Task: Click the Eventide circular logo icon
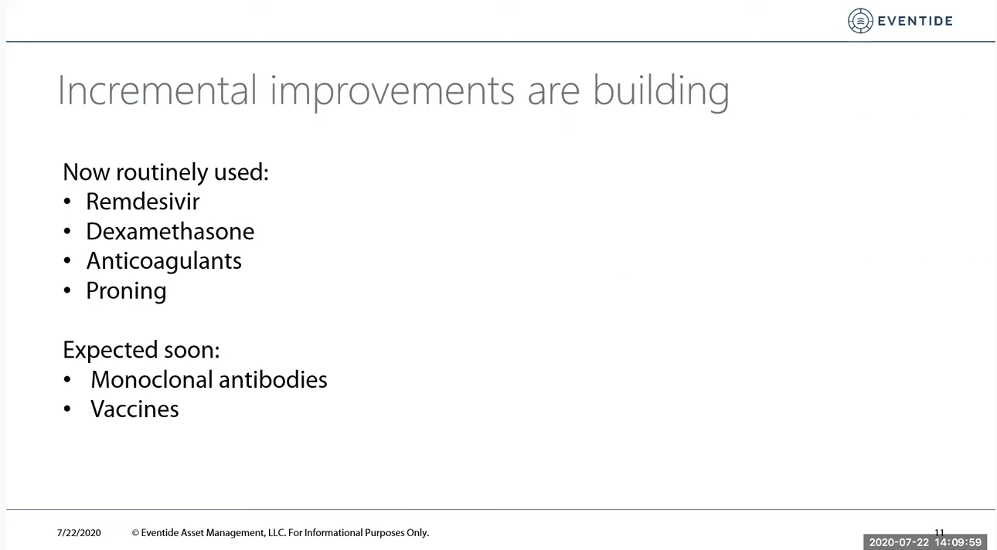860,21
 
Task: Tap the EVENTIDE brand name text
915,21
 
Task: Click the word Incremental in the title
158,90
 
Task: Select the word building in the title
661,91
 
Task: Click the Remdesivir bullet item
142,202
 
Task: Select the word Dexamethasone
170,232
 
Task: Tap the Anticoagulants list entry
164,261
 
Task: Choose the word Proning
126,291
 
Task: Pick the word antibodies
273,379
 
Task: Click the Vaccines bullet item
134,409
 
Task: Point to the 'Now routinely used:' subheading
165,172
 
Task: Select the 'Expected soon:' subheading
141,350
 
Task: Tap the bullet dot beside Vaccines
67,409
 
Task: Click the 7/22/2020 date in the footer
79,533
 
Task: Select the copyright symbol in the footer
135,533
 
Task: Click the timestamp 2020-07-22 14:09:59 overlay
925,542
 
